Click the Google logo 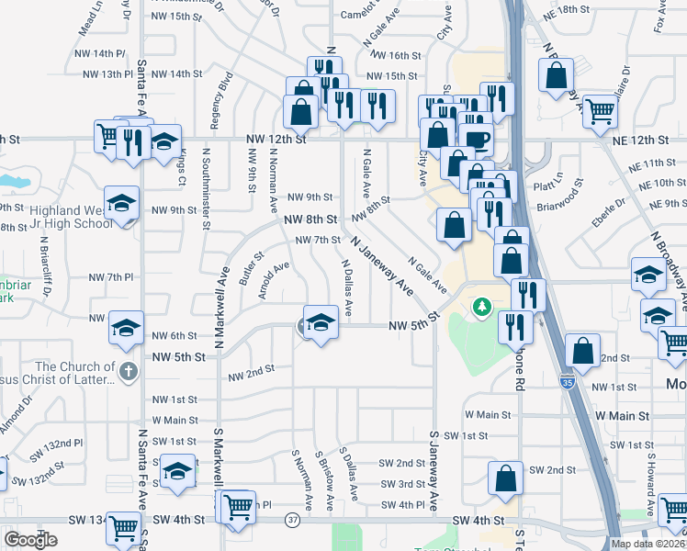(x=30, y=539)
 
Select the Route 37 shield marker (x=293, y=520)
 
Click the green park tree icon (x=479, y=306)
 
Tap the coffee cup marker (x=477, y=140)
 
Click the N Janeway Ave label (x=379, y=264)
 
